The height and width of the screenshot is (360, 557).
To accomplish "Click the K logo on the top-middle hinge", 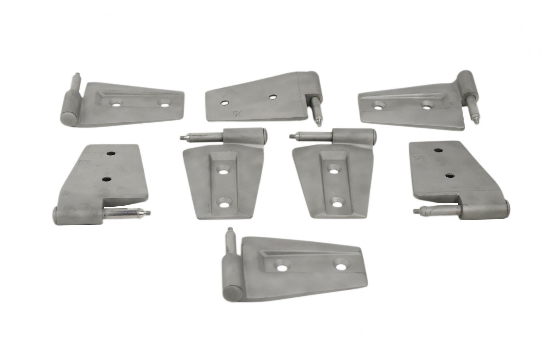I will click(x=238, y=114).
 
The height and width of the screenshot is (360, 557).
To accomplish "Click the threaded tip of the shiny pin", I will click(x=148, y=212).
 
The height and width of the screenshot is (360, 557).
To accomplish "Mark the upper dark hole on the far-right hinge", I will click(x=438, y=150).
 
